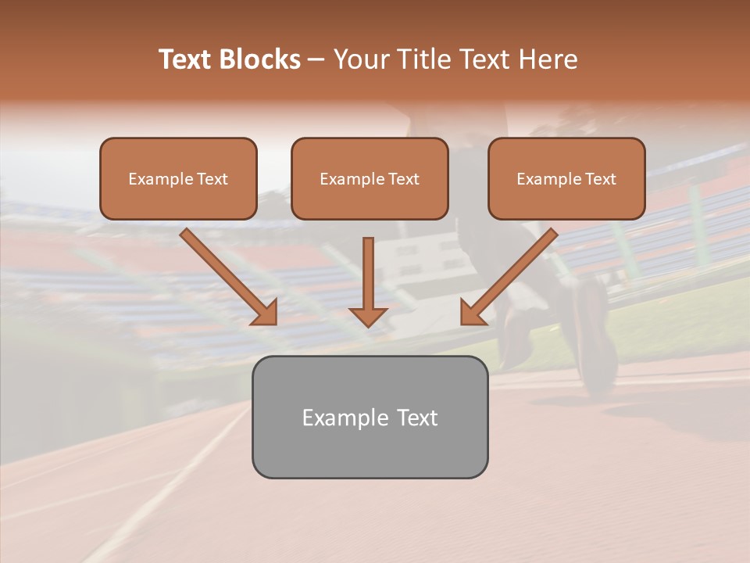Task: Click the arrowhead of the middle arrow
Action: coord(368,316)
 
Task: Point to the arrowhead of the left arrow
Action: coord(266,312)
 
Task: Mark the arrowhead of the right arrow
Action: coord(472,312)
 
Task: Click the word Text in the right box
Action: coord(599,179)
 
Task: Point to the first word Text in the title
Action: coord(187,59)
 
